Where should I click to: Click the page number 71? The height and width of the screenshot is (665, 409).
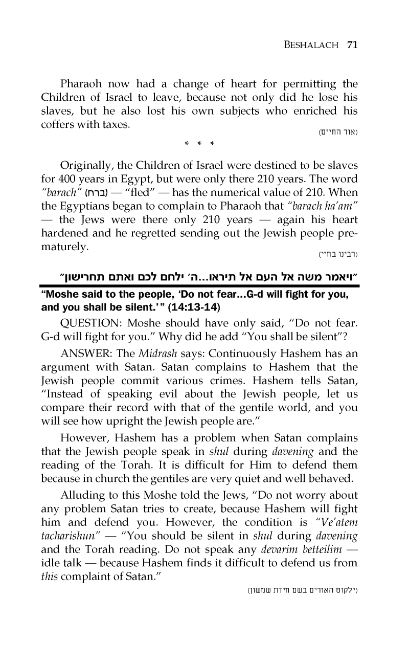click(351, 45)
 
